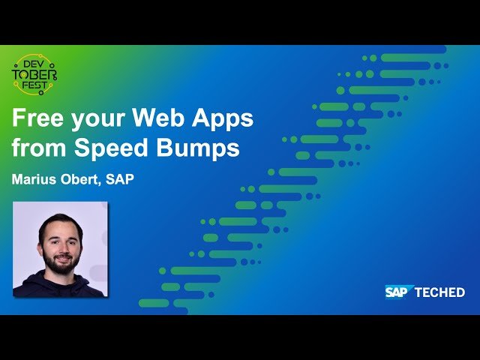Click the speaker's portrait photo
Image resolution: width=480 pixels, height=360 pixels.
(60, 249)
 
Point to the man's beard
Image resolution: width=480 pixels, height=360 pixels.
(61, 262)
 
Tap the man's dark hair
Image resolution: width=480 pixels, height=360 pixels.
(60, 223)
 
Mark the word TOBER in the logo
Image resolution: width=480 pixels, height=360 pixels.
(34, 75)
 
